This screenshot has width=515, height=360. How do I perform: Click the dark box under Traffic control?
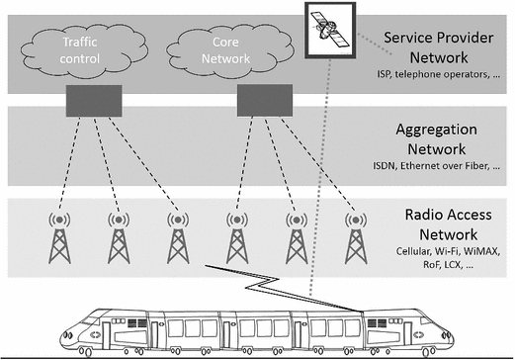coord(94,98)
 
